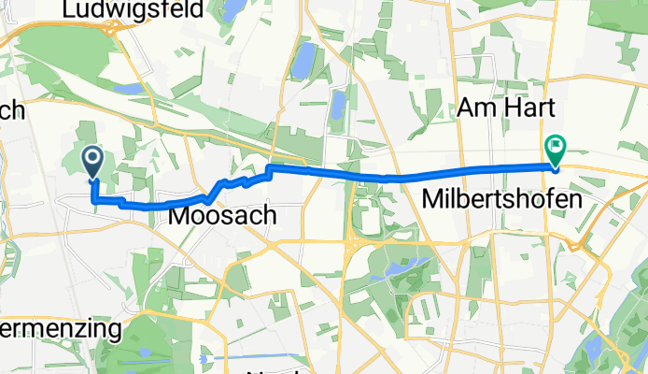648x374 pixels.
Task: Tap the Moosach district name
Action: pyautogui.click(x=222, y=216)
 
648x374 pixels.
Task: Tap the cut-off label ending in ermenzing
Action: pyautogui.click(x=61, y=329)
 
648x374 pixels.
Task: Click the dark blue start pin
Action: pyautogui.click(x=93, y=161)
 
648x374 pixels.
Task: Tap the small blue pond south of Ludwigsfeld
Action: pyautogui.click(x=128, y=90)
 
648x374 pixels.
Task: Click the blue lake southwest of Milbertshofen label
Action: pyautogui.click(x=402, y=268)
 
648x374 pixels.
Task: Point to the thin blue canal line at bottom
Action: pyautogui.click(x=252, y=356)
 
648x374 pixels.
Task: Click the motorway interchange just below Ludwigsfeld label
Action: pyautogui.click(x=117, y=29)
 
